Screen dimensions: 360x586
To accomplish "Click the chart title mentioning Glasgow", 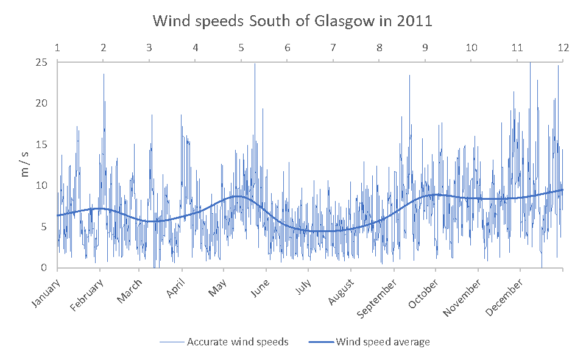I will (x=292, y=21).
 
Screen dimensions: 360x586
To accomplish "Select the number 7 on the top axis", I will (x=333, y=48).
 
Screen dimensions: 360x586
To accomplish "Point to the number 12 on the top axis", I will (x=563, y=48).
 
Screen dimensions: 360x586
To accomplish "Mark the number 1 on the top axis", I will (x=57, y=48).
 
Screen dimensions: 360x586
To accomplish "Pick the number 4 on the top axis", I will (x=195, y=48).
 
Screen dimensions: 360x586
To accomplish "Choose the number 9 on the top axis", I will (x=425, y=48).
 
